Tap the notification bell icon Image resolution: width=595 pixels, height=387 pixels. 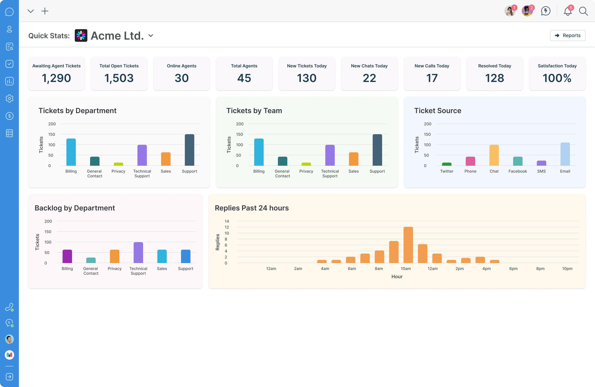(x=567, y=11)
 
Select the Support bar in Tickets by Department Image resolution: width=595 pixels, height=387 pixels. (x=189, y=150)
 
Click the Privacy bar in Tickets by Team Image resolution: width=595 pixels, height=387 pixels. (x=306, y=164)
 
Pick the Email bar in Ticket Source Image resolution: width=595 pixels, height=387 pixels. (x=565, y=154)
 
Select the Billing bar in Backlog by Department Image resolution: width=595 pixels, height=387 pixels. (x=67, y=256)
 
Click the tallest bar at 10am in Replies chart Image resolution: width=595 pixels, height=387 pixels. (x=408, y=245)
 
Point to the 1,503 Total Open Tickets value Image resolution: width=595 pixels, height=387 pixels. (x=119, y=78)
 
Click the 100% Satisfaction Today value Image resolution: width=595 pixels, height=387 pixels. (x=557, y=78)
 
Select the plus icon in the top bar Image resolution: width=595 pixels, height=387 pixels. (x=45, y=11)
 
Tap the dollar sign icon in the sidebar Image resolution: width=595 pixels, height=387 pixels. (x=9, y=116)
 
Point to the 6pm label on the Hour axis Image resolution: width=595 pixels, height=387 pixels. (x=513, y=269)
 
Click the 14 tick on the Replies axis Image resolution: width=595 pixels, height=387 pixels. (x=227, y=221)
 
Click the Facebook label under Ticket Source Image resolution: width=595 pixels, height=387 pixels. (x=517, y=171)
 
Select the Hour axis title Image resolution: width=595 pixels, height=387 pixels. (x=397, y=277)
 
